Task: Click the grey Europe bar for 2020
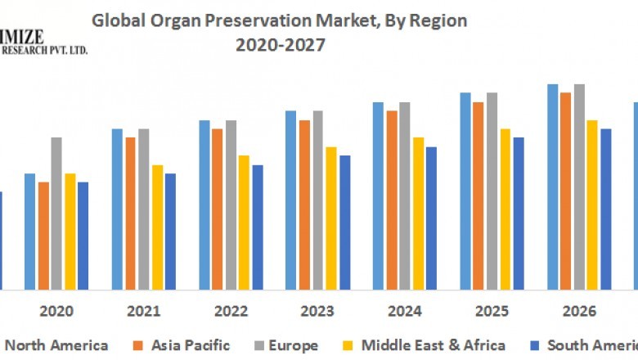(x=56, y=214)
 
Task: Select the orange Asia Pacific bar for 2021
(x=130, y=214)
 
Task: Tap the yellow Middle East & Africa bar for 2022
(x=244, y=223)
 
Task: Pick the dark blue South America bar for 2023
(x=344, y=223)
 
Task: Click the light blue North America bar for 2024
(x=378, y=196)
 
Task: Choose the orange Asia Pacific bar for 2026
(x=565, y=191)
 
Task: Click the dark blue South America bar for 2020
(x=83, y=236)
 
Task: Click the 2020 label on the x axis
(x=56, y=312)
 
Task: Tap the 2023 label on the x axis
(x=317, y=312)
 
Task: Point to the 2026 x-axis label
(x=578, y=312)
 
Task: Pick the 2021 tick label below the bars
(x=143, y=312)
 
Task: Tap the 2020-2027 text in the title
(x=280, y=46)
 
